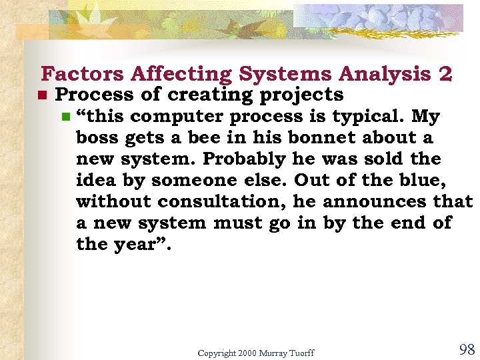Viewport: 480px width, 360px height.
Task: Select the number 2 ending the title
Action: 446,74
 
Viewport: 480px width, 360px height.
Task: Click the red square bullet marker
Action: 40,96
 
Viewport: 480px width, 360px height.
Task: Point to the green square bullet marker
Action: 65,117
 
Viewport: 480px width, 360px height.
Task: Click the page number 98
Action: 467,350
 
